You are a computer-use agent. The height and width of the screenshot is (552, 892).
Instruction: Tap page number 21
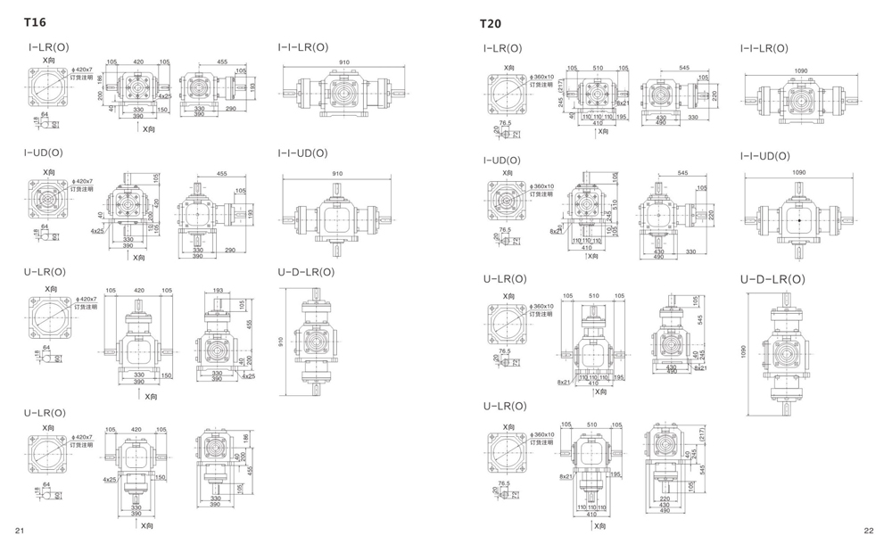coord(19,531)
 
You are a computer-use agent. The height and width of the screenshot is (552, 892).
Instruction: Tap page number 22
coord(869,531)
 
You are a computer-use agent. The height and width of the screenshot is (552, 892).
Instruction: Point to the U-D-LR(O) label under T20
coord(772,279)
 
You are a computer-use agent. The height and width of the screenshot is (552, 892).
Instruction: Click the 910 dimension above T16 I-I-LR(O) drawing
coord(344,62)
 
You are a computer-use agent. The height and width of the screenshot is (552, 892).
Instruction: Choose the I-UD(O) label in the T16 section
coord(44,153)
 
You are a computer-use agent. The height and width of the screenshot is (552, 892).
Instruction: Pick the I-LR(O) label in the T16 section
coord(47,47)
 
